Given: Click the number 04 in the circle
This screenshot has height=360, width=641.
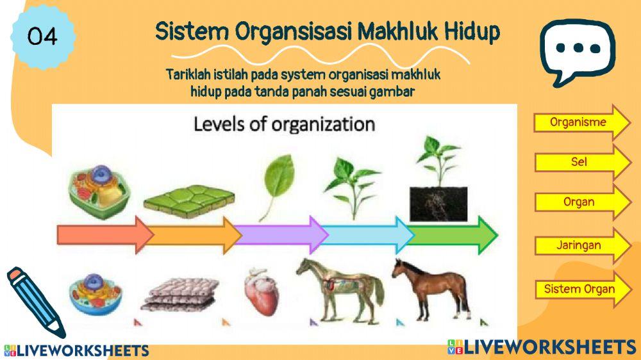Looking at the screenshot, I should [x=42, y=37].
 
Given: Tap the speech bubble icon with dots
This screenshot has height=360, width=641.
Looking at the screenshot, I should [x=576, y=49].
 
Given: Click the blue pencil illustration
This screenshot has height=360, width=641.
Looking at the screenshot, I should [x=35, y=302].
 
